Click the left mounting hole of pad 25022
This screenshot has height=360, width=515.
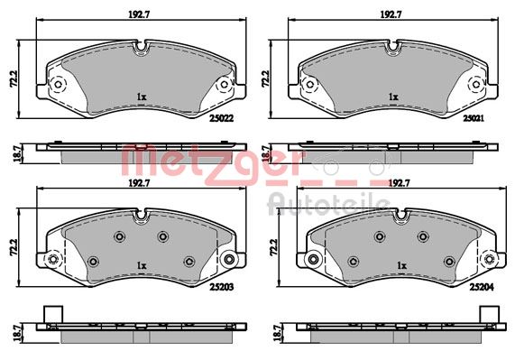(58, 86)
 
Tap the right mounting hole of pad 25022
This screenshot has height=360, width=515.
(225, 86)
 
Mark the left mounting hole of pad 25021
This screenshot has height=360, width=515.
(311, 86)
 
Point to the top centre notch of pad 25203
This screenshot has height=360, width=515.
(141, 216)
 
